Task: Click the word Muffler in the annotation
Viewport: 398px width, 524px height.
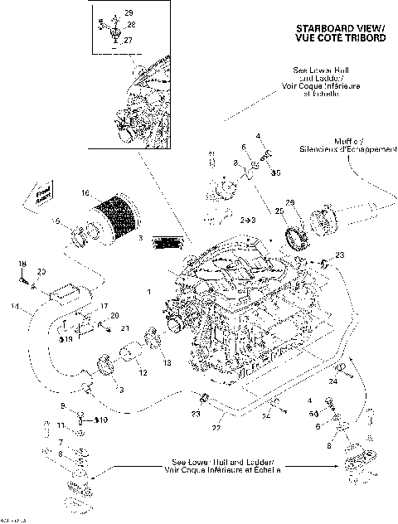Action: (x=338, y=141)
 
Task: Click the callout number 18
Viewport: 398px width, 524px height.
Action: (x=22, y=264)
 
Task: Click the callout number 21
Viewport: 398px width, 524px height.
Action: (x=126, y=328)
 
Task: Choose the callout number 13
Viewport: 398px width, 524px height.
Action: (x=166, y=362)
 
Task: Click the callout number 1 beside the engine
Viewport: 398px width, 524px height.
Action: (x=148, y=292)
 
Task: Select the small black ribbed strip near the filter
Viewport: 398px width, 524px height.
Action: (x=168, y=243)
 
